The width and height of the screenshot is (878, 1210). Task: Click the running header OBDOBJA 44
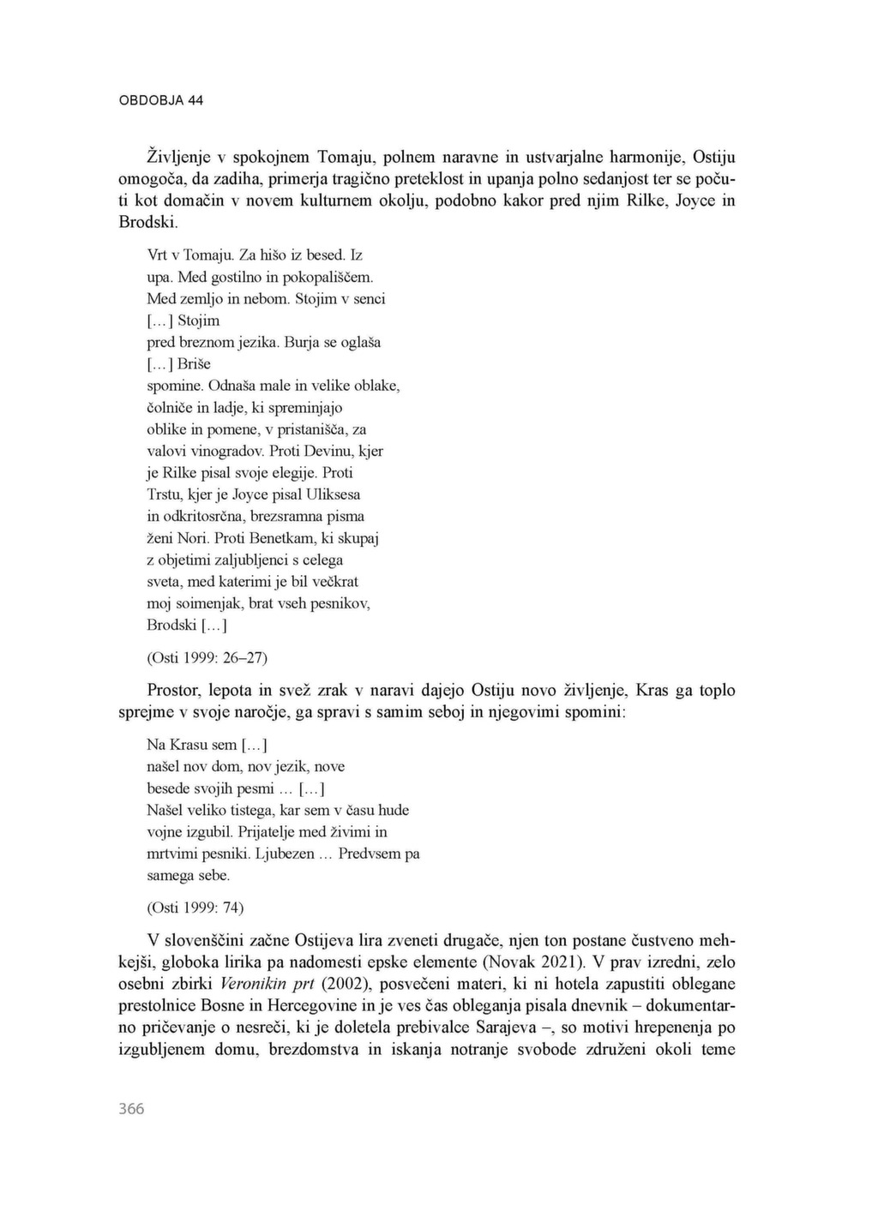point(161,100)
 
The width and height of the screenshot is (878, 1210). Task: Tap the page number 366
point(131,1108)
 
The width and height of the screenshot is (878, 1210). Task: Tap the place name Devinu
point(323,451)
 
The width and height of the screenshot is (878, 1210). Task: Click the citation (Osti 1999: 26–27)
point(207,657)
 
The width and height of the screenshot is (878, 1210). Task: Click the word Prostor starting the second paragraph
point(176,690)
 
